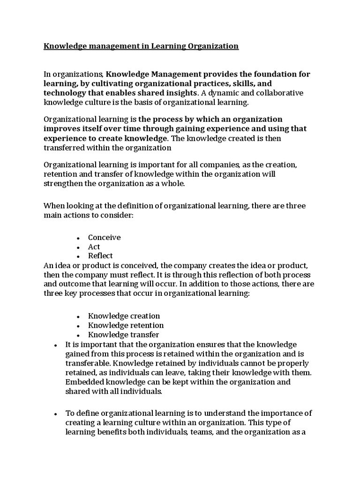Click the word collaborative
(282, 92)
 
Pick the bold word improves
(59, 128)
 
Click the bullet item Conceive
(104, 237)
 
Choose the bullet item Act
(94, 247)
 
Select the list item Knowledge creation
(124, 316)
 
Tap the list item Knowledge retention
(126, 325)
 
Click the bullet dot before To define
(55, 414)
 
